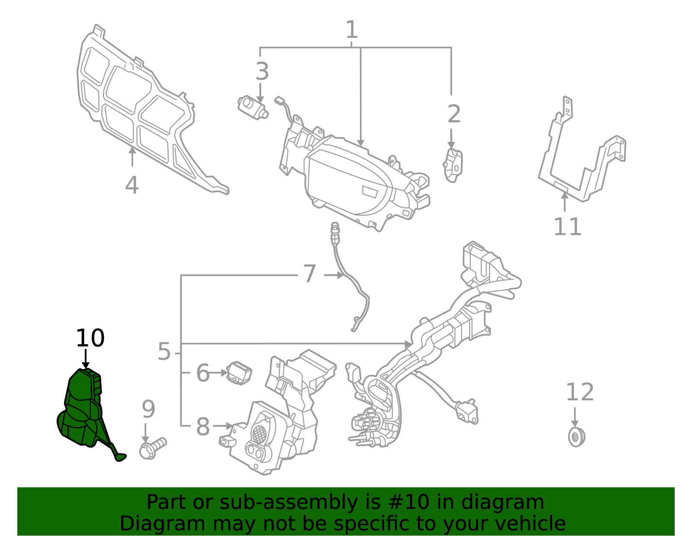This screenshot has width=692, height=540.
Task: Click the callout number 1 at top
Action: click(352, 30)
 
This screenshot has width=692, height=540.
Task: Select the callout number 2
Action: click(454, 114)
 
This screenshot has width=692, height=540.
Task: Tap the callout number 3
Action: click(262, 72)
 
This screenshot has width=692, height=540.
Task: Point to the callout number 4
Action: click(132, 185)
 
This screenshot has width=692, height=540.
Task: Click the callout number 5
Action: click(164, 351)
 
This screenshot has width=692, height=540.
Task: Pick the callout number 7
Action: click(310, 274)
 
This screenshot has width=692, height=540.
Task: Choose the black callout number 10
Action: click(90, 338)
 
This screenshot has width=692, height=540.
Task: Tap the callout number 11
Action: click(567, 227)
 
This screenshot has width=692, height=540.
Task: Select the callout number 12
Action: click(580, 393)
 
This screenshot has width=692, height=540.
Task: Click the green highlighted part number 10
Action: click(82, 411)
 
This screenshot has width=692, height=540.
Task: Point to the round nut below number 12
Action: click(576, 437)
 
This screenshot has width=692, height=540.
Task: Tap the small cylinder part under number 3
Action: click(252, 107)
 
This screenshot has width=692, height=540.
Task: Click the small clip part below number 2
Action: click(453, 165)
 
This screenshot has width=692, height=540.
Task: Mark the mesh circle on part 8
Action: click(261, 432)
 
